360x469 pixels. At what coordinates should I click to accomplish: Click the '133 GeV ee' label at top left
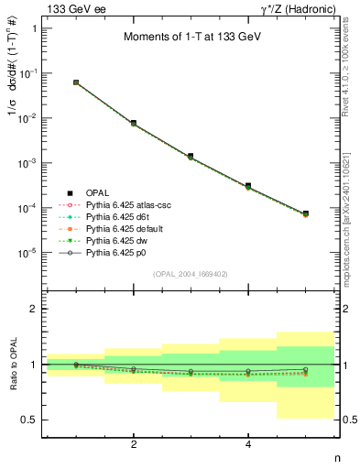coord(74,9)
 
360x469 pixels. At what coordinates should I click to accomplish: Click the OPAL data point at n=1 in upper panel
coord(76,82)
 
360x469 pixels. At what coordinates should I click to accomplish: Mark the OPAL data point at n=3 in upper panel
coord(191,157)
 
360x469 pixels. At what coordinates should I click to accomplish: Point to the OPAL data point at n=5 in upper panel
coord(305,213)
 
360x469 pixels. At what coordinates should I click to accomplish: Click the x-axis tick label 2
coord(134,444)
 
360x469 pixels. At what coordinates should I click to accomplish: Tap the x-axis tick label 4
coord(248,444)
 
